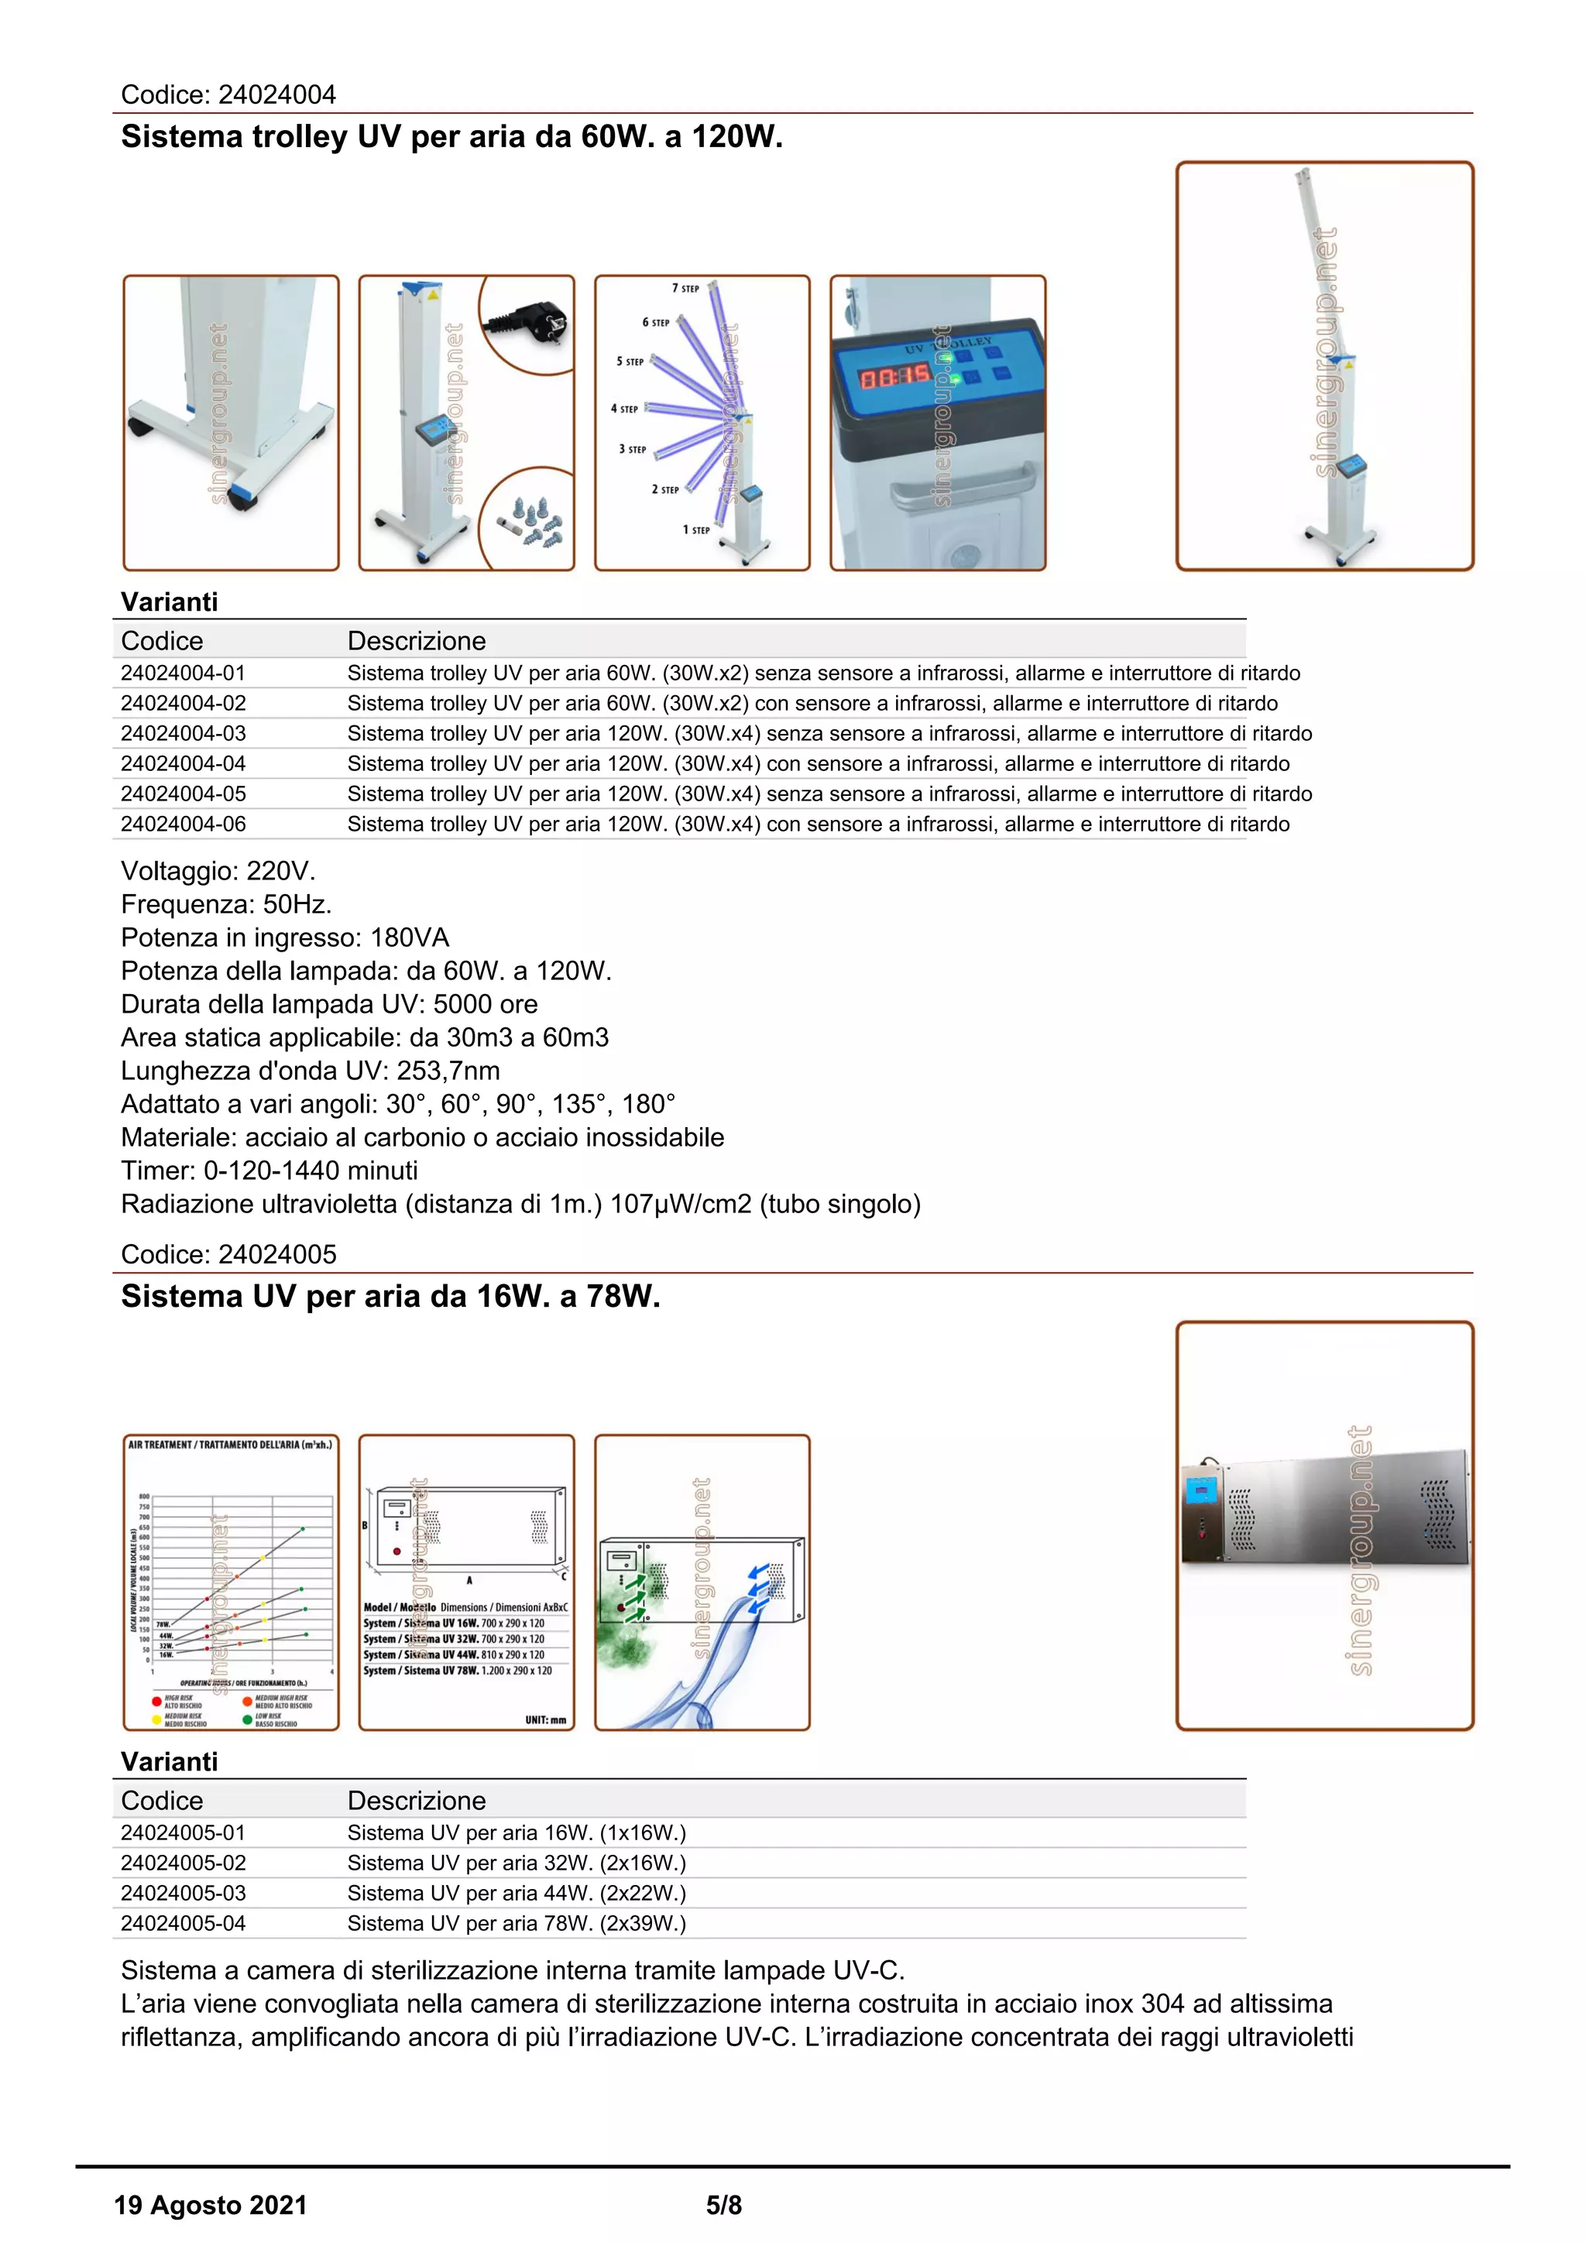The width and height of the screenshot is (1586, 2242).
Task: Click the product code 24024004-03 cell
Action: click(x=184, y=733)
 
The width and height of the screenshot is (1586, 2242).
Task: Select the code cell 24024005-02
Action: click(x=184, y=1863)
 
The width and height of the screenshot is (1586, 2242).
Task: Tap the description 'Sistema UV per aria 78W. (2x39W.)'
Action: click(x=517, y=1924)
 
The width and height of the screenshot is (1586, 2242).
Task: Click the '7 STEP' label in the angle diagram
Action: click(x=685, y=288)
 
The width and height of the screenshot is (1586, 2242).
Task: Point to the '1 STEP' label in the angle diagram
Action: click(x=695, y=530)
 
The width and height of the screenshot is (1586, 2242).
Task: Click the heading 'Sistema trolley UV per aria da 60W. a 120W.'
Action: click(x=451, y=137)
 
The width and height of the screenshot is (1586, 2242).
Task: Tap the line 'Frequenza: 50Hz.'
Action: click(x=225, y=904)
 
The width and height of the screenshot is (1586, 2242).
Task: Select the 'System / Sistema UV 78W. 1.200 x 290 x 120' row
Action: click(x=457, y=1671)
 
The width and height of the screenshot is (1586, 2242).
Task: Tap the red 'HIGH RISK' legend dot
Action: click(x=156, y=1700)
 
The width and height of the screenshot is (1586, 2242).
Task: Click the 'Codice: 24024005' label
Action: click(x=228, y=1254)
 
